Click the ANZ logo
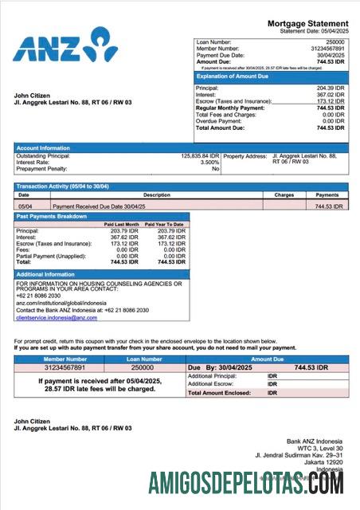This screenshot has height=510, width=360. pos(64,47)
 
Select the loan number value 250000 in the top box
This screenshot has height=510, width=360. pos(335,41)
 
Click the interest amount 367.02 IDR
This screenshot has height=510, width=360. pos(329,95)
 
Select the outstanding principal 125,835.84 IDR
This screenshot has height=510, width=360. pos(200,156)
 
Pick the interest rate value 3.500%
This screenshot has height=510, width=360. pos(207,163)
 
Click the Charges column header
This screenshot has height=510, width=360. pos(284,194)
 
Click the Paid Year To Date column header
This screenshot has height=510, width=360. pos(164,225)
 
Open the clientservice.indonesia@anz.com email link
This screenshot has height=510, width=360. pos(57,318)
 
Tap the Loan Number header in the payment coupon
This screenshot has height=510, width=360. pos(143,360)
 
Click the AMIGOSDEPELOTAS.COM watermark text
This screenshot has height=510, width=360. pos(246,483)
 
